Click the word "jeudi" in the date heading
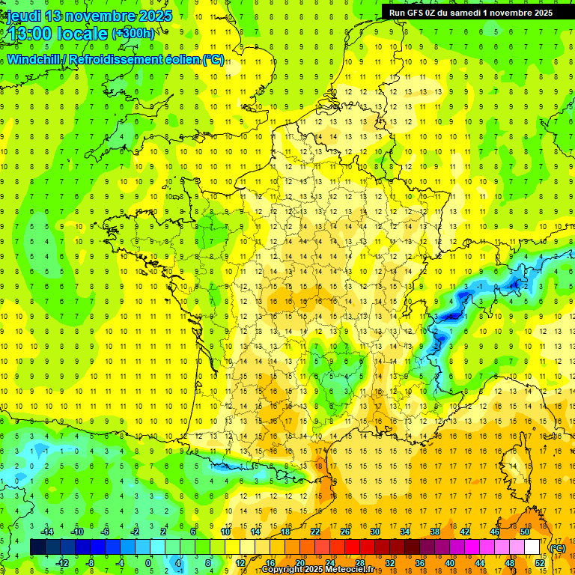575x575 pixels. tap(23, 16)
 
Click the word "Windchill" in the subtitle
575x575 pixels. tap(34, 59)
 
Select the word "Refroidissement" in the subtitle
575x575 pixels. tap(115, 59)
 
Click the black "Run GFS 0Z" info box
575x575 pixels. tap(471, 12)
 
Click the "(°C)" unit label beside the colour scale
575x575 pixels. tap(558, 548)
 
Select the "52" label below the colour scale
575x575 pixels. tap(540, 563)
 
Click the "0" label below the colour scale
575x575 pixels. tap(148, 563)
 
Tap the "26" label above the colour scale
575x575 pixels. tap(345, 532)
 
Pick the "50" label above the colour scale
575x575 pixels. tap(524, 532)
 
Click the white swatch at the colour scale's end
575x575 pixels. tap(532, 547)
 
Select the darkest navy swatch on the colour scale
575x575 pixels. tap(37, 547)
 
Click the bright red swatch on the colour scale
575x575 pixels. tap(352, 547)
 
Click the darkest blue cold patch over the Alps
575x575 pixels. tap(449, 316)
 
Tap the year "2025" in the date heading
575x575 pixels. tap(154, 16)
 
